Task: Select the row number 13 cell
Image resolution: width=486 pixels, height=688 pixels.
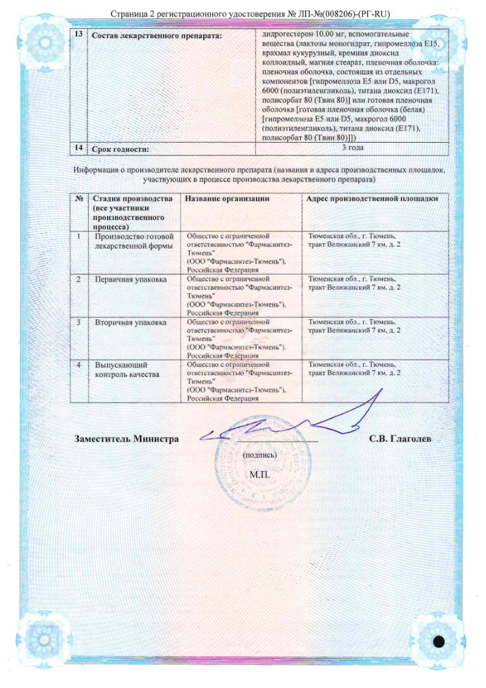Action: pyautogui.click(x=78, y=35)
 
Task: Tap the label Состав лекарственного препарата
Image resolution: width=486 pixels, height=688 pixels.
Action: pyautogui.click(x=155, y=36)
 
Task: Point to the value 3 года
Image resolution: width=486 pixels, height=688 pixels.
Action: pyautogui.click(x=352, y=148)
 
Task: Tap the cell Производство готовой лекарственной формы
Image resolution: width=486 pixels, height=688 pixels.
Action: pyautogui.click(x=134, y=241)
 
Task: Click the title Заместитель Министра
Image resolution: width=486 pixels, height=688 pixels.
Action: pyautogui.click(x=127, y=439)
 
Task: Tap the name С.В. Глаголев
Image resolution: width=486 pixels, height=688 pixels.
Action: pyautogui.click(x=402, y=439)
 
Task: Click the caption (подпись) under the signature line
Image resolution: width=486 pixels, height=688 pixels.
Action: pyautogui.click(x=260, y=455)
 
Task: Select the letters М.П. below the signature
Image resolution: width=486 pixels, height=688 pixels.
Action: pyautogui.click(x=259, y=475)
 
